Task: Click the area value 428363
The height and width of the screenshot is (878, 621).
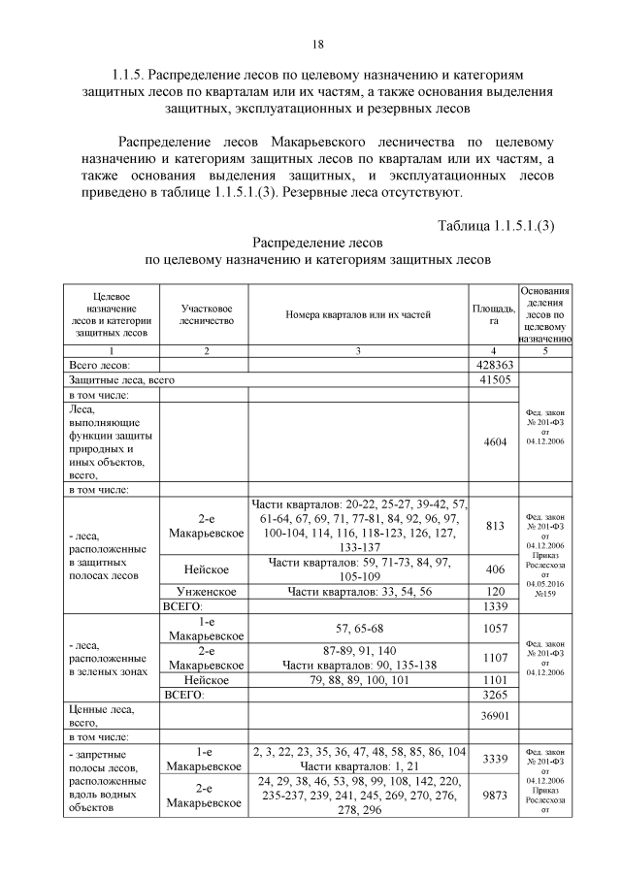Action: pos(494,365)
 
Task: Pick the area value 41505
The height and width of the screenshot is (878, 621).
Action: pos(494,380)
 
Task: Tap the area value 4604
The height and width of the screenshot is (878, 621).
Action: pos(494,441)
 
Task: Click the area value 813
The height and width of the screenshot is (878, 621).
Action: pos(494,526)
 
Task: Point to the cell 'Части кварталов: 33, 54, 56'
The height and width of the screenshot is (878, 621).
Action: pos(358,590)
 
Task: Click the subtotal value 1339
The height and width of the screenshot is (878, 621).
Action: pos(494,605)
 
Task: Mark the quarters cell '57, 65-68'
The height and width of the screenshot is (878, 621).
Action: pos(358,628)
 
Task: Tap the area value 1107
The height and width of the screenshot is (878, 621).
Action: pos(494,658)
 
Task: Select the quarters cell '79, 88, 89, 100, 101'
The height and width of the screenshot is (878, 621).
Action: pos(358,680)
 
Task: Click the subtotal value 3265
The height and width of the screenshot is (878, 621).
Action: pos(494,695)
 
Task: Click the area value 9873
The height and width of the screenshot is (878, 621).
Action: pos(494,795)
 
